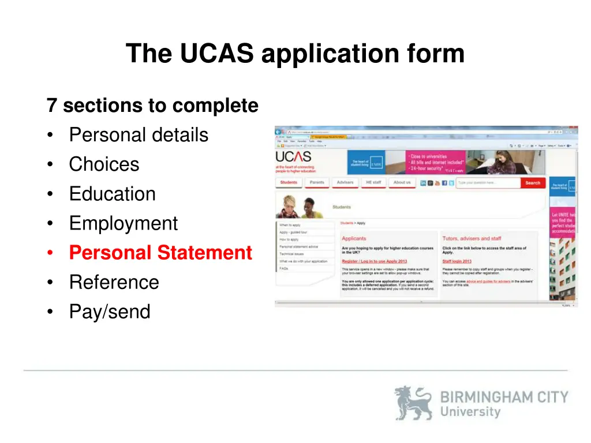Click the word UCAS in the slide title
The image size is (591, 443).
tap(216, 54)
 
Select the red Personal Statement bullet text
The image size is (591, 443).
tap(160, 253)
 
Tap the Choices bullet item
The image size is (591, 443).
tap(104, 164)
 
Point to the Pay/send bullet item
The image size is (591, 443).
tap(110, 311)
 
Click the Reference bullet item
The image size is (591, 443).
tap(114, 282)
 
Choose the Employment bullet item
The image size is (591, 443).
tap(124, 223)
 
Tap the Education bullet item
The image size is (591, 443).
tap(112, 194)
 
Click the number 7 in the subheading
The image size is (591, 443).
tap(52, 106)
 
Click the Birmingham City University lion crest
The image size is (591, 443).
tap(413, 403)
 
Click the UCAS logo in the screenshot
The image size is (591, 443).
tap(293, 157)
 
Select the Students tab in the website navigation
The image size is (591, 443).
tap(289, 183)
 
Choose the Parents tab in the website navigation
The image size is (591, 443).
tap(317, 183)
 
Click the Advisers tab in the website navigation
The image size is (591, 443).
tap(345, 183)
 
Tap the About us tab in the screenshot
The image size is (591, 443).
tap(402, 183)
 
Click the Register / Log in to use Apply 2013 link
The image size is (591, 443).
tap(374, 261)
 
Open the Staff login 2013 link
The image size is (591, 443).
tap(457, 261)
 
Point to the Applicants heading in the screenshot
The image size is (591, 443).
tap(354, 238)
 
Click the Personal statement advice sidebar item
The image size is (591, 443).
tap(298, 247)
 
